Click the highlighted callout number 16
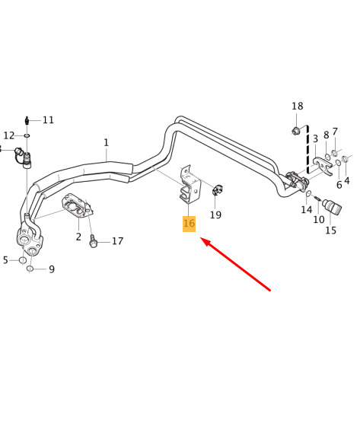click(189, 224)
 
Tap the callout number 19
click(215, 215)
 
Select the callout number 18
click(297, 106)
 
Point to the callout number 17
click(118, 241)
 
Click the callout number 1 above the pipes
click(106, 142)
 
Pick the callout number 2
click(78, 237)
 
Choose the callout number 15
click(330, 230)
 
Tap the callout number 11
click(48, 119)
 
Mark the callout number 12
click(9, 135)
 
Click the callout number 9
click(52, 269)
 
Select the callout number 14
click(306, 210)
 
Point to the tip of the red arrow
click(201, 238)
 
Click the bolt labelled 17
click(93, 240)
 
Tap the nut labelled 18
click(296, 131)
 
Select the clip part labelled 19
click(217, 189)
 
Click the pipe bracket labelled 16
click(190, 185)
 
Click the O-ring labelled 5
click(23, 260)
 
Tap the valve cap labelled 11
click(27, 120)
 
